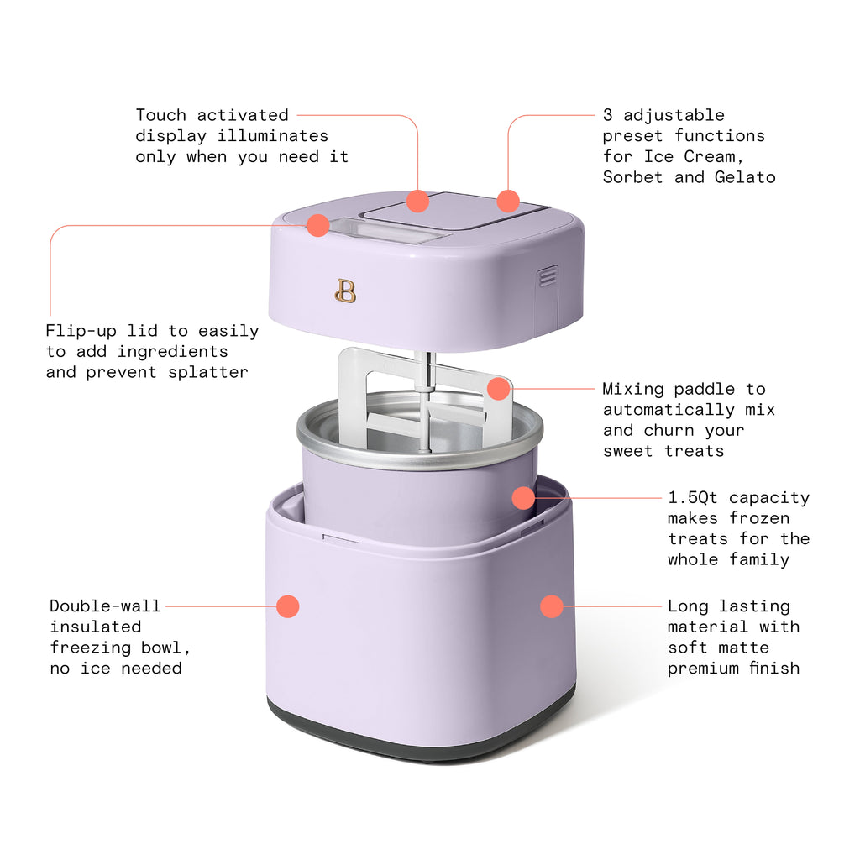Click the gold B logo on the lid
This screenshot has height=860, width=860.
[345, 291]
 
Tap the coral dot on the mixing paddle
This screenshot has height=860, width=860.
[499, 388]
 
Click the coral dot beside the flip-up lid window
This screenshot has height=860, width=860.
[317, 225]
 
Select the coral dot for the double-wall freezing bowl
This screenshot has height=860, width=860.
[287, 606]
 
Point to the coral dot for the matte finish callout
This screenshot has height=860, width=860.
[551, 606]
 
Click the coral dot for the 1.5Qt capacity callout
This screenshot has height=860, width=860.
[523, 498]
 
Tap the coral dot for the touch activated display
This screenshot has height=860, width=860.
[417, 202]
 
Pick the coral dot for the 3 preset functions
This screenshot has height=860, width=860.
[507, 202]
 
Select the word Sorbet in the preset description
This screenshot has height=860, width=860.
[632, 177]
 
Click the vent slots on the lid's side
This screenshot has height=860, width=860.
[548, 276]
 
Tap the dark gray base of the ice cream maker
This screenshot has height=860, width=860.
[420, 739]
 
